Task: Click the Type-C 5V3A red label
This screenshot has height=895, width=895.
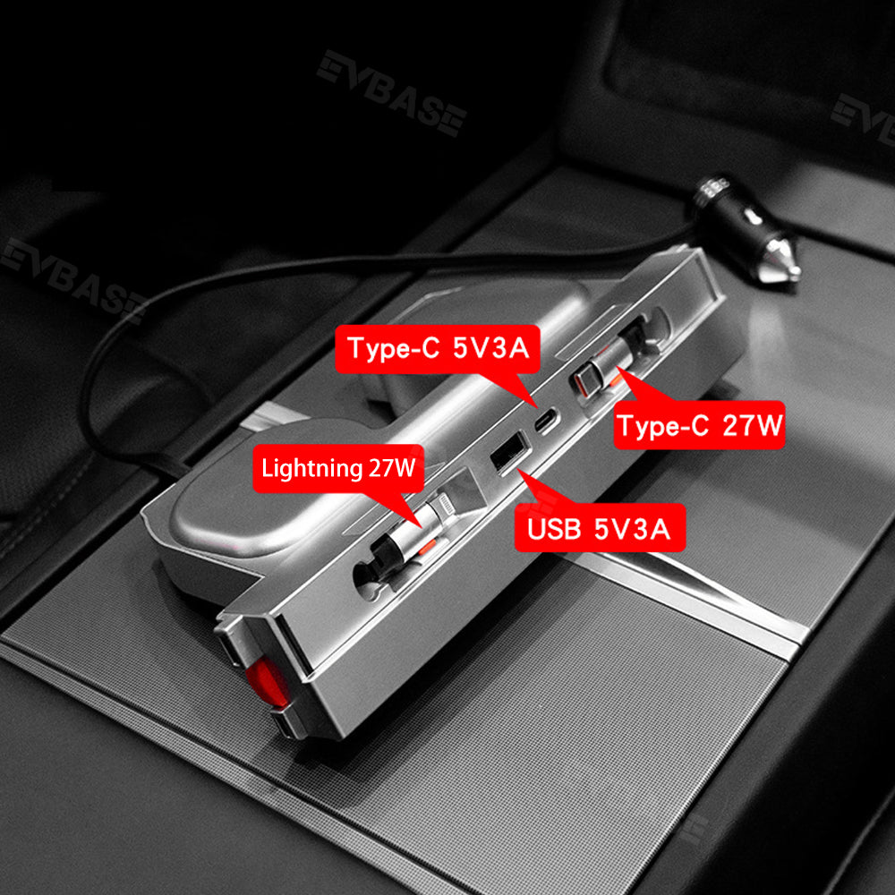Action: coord(438,349)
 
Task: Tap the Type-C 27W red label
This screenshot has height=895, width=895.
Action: coord(699,425)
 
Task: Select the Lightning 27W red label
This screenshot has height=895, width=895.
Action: coord(338,468)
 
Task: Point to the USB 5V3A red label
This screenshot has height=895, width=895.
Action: coord(600,528)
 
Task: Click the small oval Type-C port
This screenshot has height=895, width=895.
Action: coord(546,422)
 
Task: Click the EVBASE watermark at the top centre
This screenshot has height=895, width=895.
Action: coord(392,93)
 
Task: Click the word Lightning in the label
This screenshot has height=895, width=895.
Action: coord(311,469)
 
